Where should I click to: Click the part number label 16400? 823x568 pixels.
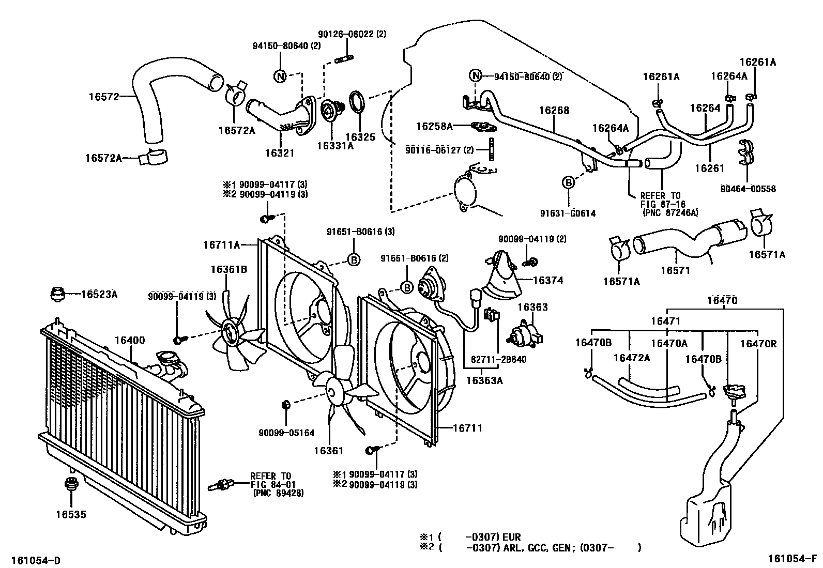click(129, 340)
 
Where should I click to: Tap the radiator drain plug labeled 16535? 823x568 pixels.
click(70, 486)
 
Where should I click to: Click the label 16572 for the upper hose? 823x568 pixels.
click(103, 96)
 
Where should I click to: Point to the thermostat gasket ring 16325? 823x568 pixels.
click(357, 102)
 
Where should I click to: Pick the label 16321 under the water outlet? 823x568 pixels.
click(280, 153)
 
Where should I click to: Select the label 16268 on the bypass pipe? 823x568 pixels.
click(554, 110)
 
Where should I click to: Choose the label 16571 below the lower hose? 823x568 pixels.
click(675, 270)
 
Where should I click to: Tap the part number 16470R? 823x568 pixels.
click(758, 343)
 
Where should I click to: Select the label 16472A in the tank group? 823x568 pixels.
click(631, 358)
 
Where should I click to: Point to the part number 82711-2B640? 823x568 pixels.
click(498, 359)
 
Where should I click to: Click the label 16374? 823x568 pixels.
click(547, 280)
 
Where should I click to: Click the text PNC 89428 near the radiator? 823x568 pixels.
click(278, 493)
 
